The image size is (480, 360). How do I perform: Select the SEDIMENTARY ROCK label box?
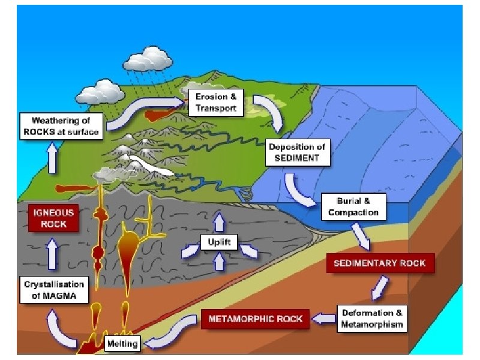[379, 263]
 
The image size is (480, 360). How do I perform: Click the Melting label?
[122, 344]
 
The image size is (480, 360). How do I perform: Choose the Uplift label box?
[220, 243]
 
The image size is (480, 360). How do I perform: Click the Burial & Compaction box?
[353, 207]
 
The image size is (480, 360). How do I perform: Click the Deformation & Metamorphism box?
[372, 319]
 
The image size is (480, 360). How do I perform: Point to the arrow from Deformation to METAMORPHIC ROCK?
[325, 319]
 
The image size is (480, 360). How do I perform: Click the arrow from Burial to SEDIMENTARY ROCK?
[362, 235]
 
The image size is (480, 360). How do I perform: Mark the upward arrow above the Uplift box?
[220, 221]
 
